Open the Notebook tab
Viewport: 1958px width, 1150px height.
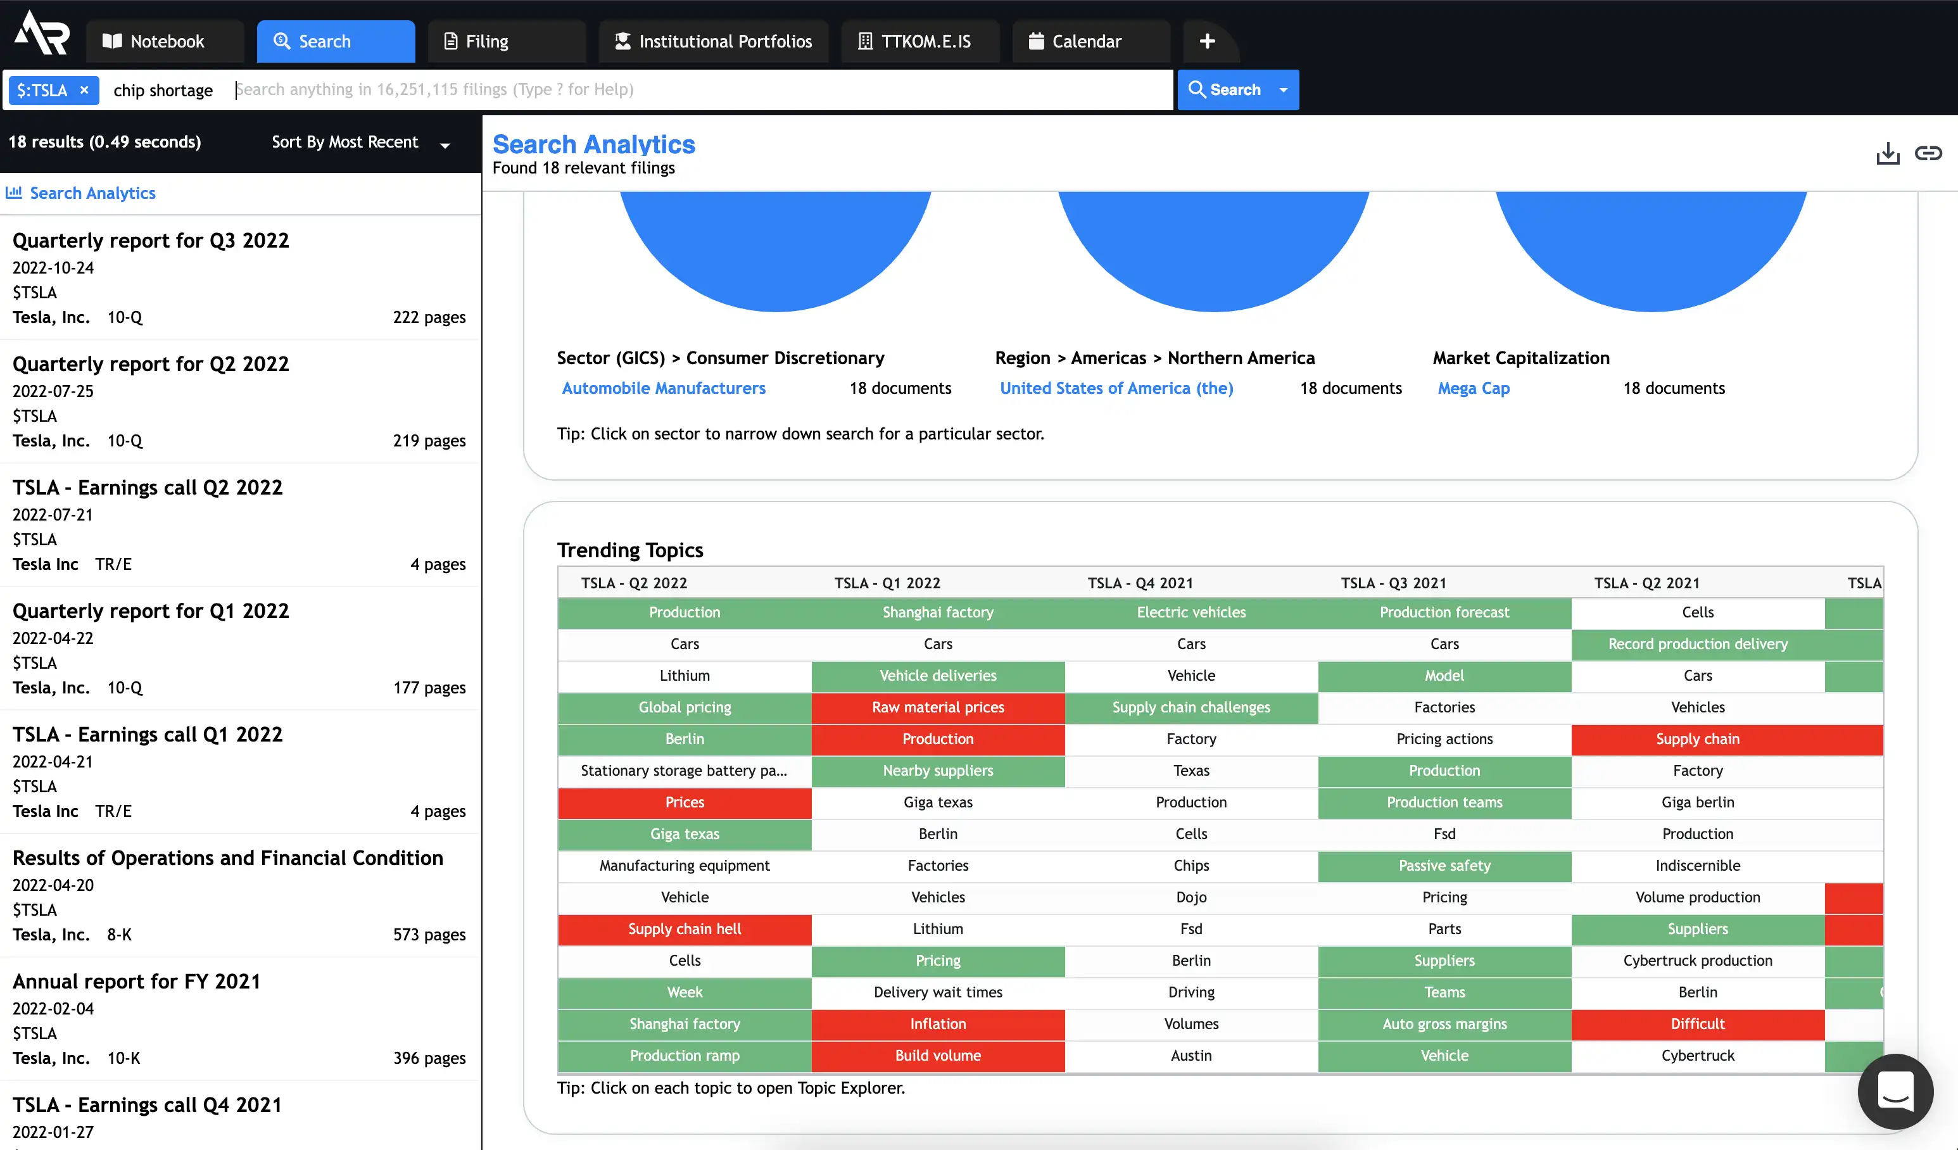[165, 41]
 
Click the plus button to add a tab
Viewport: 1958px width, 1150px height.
[1207, 41]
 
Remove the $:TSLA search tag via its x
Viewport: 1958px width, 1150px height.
[85, 90]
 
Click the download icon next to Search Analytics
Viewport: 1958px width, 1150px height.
[1887, 153]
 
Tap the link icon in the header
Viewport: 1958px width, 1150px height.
[1928, 153]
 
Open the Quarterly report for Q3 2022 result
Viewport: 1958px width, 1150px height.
[151, 241]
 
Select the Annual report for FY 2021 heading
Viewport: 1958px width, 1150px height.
[137, 982]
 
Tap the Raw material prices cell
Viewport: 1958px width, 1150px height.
[938, 708]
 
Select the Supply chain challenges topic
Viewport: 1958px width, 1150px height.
[1191, 708]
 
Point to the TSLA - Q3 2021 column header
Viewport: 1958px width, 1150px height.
[1393, 583]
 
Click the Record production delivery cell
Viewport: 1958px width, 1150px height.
[1698, 644]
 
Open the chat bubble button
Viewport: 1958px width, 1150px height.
[1895, 1091]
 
